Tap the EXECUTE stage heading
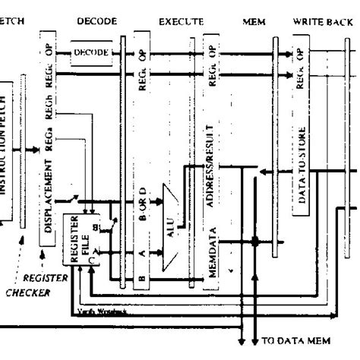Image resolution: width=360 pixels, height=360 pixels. (x=181, y=22)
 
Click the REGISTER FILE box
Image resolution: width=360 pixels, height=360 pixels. (x=79, y=239)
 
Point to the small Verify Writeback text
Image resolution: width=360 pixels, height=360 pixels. (x=102, y=310)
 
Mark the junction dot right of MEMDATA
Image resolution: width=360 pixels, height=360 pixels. (x=255, y=242)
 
